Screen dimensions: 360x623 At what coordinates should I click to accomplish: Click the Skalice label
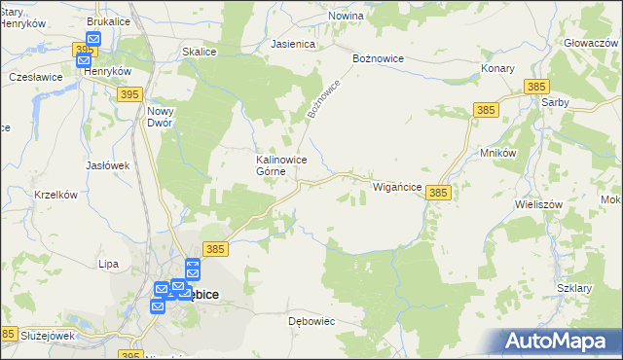pos(200,52)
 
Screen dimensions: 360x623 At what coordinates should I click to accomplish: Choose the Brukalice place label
pos(109,20)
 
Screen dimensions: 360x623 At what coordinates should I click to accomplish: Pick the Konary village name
pos(498,69)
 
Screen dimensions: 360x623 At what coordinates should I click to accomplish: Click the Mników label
pos(497,153)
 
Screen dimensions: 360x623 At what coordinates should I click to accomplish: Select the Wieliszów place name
pos(539,205)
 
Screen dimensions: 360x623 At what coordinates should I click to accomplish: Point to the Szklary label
pos(575,289)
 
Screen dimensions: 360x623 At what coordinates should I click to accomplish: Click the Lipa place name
pos(108,264)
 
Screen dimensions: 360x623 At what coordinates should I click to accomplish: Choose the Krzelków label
pos(55,195)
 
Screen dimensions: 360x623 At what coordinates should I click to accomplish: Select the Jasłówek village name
pos(107,165)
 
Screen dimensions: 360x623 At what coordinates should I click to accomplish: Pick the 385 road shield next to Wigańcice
pos(438,194)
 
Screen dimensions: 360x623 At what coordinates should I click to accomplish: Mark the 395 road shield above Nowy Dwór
pos(129,93)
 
